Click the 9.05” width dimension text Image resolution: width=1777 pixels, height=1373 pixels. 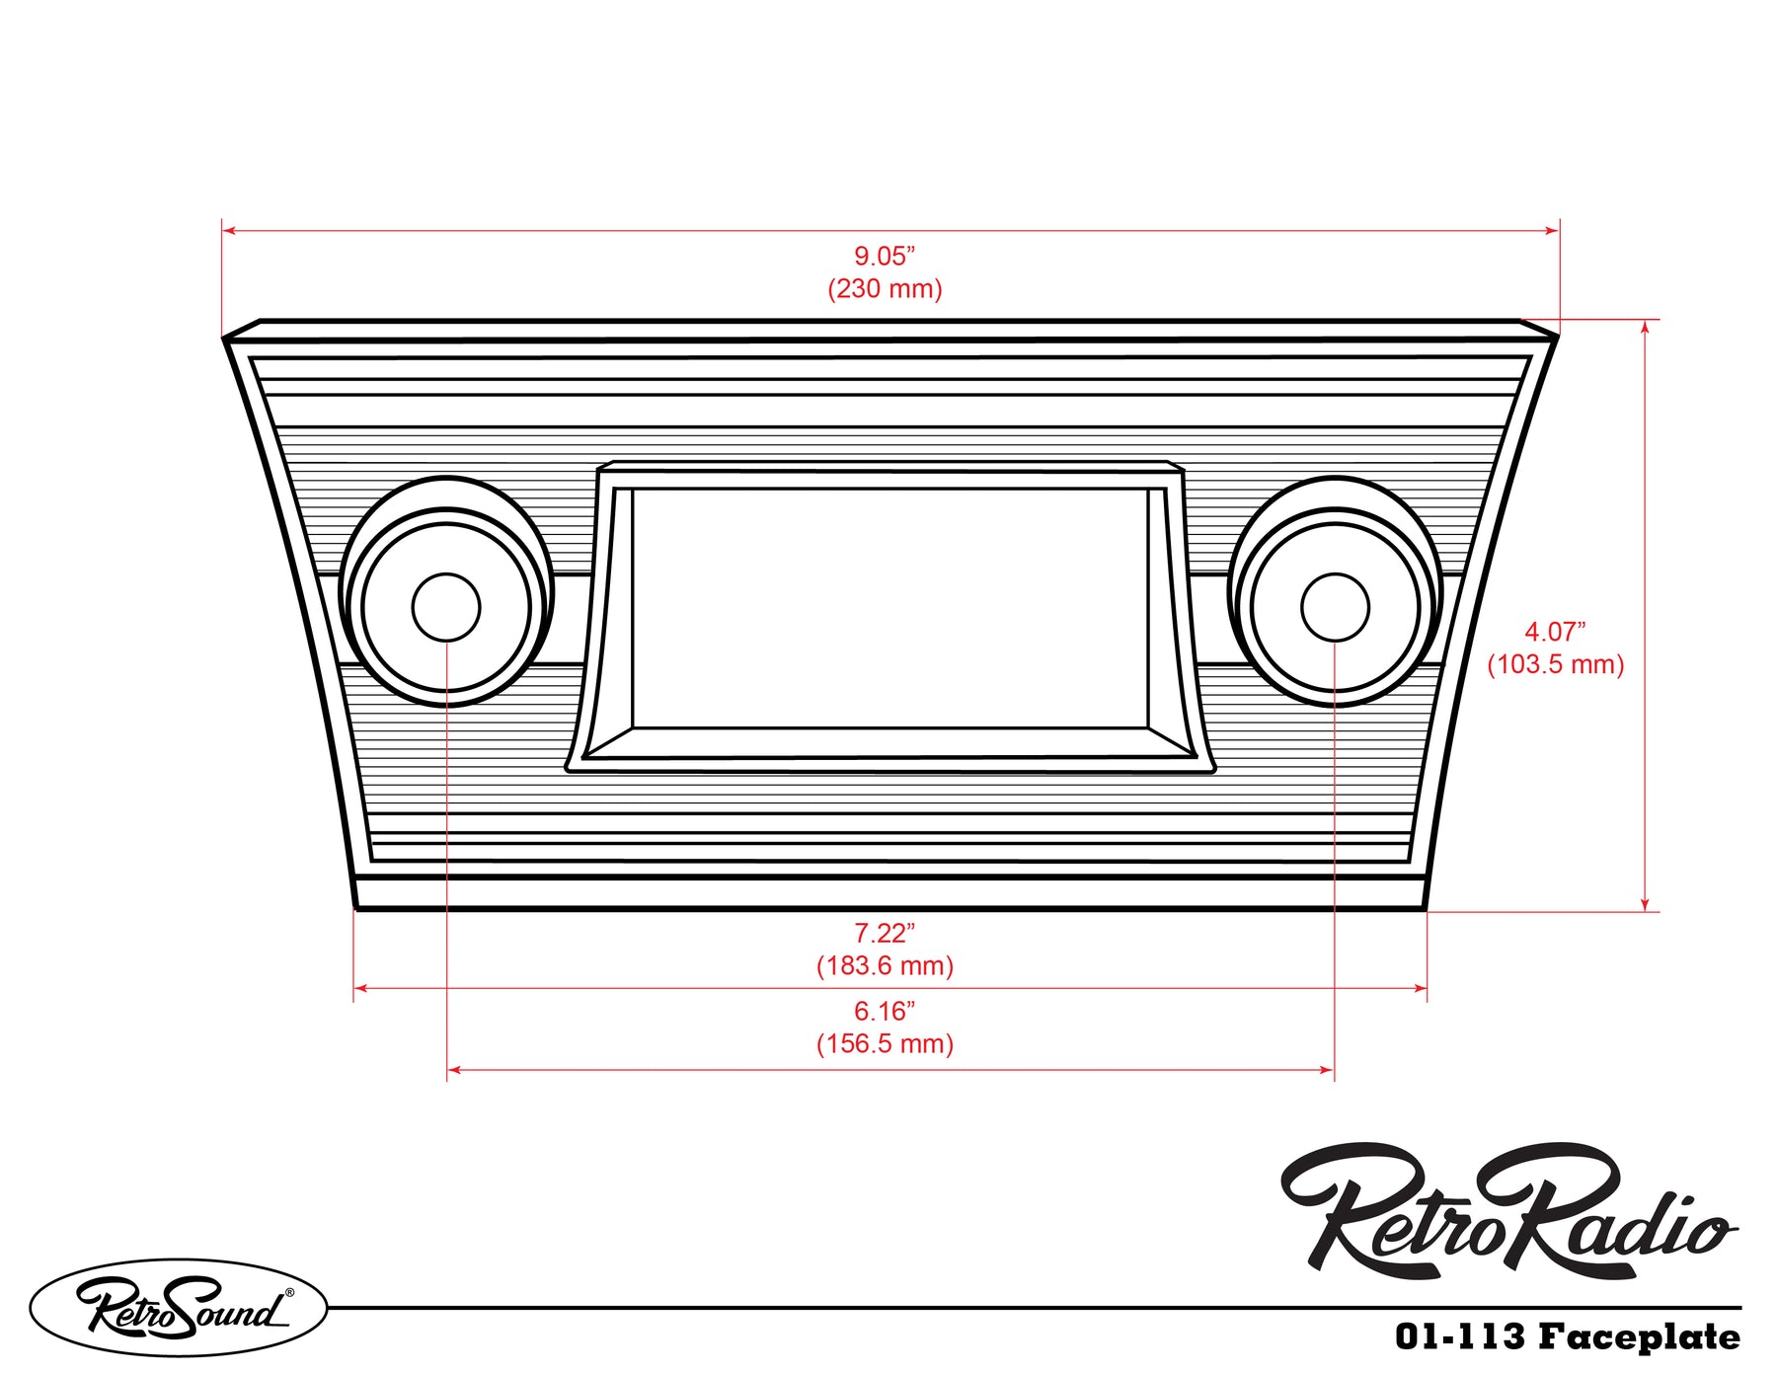pyautogui.click(x=885, y=257)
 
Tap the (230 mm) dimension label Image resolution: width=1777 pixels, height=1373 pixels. pyautogui.click(x=885, y=289)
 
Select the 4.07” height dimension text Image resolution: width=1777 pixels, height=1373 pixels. pyautogui.click(x=1555, y=632)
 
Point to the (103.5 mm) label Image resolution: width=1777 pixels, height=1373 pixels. pyautogui.click(x=1555, y=664)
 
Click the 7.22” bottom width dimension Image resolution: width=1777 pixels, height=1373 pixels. pyautogui.click(x=885, y=933)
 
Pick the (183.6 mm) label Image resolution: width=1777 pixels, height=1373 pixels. pyautogui.click(x=885, y=965)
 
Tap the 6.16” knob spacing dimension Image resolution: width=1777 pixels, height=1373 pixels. pyautogui.click(x=885, y=1012)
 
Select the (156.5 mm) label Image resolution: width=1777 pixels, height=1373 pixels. pyautogui.click(x=885, y=1044)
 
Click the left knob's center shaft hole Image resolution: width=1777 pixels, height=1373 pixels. pyautogui.click(x=446, y=607)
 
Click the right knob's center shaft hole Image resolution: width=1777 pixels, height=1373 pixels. pyautogui.click(x=1335, y=607)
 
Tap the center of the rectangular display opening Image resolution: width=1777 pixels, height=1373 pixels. pyautogui.click(x=889, y=609)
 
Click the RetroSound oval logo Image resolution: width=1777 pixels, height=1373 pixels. pyautogui.click(x=179, y=1307)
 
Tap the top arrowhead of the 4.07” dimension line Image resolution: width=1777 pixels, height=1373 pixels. pyautogui.click(x=1645, y=327)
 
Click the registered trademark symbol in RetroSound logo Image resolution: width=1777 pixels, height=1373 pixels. pyautogui.click(x=289, y=1292)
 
